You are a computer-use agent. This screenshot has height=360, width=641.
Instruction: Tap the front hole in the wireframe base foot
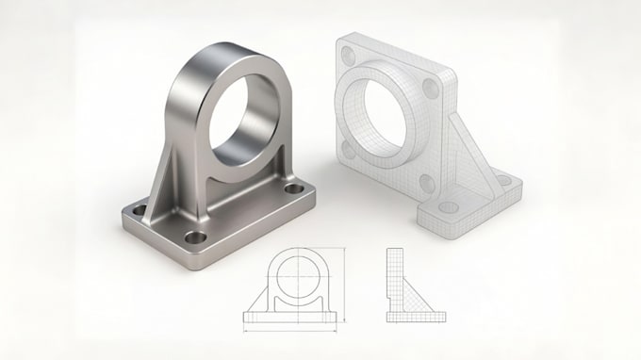click(x=450, y=206)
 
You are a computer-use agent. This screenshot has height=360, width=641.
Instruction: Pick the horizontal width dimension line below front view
click(x=293, y=330)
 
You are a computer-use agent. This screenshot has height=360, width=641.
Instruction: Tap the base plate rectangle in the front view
click(x=293, y=316)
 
